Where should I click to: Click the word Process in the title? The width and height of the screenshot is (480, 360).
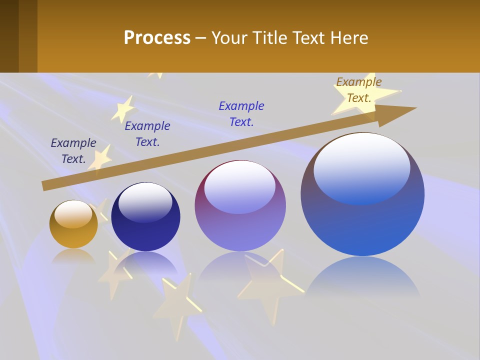coord(157,38)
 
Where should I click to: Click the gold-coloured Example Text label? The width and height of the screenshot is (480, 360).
coord(358,90)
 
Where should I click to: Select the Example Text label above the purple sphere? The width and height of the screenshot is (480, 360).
coord(241,113)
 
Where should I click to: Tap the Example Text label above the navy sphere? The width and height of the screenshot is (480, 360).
coord(147,133)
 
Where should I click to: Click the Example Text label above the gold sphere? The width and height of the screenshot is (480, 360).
coord(73,150)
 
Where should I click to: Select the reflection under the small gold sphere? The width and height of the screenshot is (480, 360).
coord(73,256)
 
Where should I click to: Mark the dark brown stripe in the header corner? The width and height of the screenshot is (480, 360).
coord(9,36)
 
